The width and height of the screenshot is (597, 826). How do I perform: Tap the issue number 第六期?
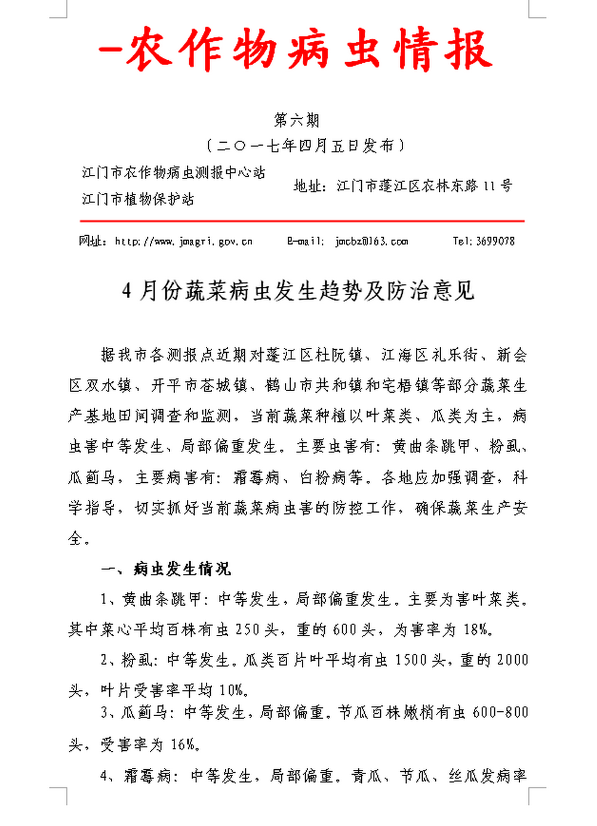(297, 120)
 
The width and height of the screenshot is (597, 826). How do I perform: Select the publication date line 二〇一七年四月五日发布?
(304, 146)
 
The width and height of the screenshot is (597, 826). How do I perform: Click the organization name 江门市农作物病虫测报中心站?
(174, 173)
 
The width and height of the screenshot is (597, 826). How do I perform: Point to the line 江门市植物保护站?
(138, 199)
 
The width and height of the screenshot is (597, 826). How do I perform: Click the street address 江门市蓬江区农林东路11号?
(424, 186)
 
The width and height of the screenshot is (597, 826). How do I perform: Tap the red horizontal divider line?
(302, 221)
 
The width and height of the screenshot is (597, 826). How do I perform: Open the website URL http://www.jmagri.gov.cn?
(184, 242)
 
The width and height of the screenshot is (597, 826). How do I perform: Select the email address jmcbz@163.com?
(371, 242)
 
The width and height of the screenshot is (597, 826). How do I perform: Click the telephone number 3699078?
(495, 242)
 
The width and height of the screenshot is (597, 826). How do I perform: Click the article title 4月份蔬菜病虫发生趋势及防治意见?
(298, 291)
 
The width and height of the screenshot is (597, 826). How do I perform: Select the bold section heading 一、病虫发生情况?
(166, 569)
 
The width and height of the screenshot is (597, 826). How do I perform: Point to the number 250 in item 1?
(248, 630)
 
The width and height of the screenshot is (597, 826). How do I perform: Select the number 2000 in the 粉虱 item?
(512, 660)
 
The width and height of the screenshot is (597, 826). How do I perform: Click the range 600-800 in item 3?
(500, 712)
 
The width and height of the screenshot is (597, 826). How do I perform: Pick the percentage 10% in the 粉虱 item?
(231, 691)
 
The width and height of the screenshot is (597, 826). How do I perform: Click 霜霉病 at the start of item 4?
(147, 776)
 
